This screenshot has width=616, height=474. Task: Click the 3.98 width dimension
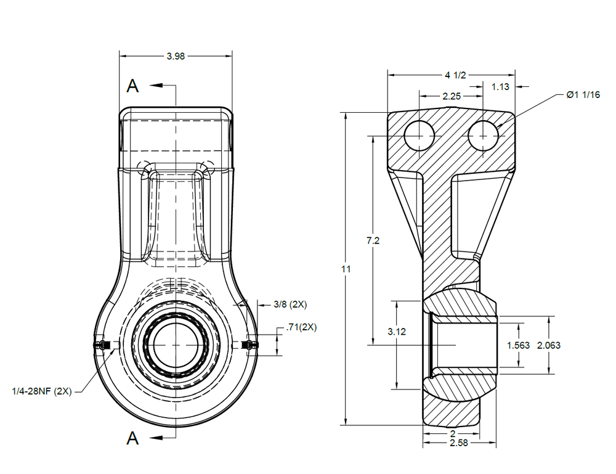click(176, 56)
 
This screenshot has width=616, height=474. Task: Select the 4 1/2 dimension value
click(455, 75)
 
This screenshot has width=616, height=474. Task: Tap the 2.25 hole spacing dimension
click(452, 96)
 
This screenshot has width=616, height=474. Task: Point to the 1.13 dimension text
click(500, 87)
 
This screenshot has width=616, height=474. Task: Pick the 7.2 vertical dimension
click(373, 241)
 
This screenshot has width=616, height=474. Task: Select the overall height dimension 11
click(346, 269)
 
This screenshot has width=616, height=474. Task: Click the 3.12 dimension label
click(397, 331)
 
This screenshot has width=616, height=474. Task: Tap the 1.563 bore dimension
click(518, 345)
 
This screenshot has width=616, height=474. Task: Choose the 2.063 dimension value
click(549, 345)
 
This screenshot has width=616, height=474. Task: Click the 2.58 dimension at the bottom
click(459, 443)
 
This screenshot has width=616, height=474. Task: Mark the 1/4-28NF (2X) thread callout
click(43, 391)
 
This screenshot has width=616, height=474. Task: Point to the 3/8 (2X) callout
click(290, 304)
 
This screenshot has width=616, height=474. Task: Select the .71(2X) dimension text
click(300, 327)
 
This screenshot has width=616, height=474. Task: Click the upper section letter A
click(132, 86)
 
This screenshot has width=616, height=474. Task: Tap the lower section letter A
click(132, 438)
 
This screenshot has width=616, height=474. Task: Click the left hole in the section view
click(419, 135)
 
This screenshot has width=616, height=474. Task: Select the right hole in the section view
click(483, 135)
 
